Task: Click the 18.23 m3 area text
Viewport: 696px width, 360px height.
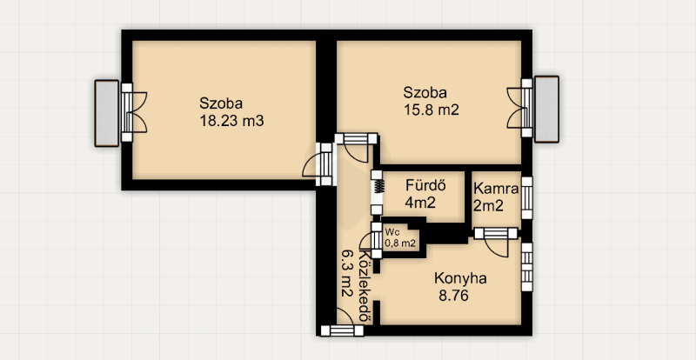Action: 232,121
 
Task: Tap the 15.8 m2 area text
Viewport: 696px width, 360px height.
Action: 431,110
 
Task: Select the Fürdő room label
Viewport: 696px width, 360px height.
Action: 425,186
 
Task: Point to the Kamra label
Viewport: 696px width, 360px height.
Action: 496,190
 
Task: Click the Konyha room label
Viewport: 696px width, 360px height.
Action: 460,278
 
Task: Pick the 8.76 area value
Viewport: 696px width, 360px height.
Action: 453,296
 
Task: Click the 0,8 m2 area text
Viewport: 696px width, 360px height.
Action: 400,243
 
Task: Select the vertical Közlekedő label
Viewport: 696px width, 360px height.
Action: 365,286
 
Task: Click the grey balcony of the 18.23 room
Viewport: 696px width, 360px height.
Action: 106,113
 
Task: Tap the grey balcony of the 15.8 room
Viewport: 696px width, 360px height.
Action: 546,110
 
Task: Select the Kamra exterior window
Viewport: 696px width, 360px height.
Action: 526,198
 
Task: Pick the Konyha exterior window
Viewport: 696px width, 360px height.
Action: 526,267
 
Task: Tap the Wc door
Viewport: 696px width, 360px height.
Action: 372,240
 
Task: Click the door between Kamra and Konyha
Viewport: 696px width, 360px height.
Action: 496,240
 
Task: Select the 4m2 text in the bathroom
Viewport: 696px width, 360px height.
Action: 420,203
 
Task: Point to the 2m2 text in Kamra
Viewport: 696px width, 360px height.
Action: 488,205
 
